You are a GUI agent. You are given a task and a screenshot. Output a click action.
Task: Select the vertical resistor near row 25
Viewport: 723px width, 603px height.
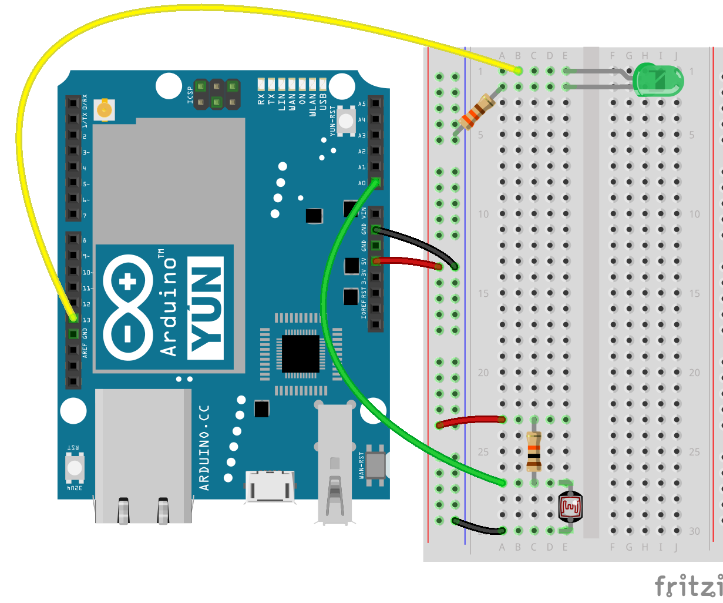pyautogui.click(x=533, y=451)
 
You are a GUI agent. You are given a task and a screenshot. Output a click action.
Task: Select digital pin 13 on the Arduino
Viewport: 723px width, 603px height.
pyautogui.click(x=73, y=318)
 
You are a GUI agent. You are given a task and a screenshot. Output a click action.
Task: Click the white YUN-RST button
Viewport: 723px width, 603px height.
pyautogui.click(x=347, y=121)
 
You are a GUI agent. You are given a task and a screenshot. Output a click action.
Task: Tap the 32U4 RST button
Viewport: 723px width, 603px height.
pyautogui.click(x=75, y=467)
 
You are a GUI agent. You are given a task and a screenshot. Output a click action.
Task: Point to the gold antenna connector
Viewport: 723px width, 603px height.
pyautogui.click(x=105, y=109)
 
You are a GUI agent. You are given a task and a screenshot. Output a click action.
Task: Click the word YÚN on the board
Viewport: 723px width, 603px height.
pyautogui.click(x=206, y=308)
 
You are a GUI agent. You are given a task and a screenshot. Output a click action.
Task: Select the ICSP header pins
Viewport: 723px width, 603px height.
pyautogui.click(x=217, y=95)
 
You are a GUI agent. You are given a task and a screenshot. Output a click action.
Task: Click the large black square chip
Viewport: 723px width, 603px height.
pyautogui.click(x=300, y=353)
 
